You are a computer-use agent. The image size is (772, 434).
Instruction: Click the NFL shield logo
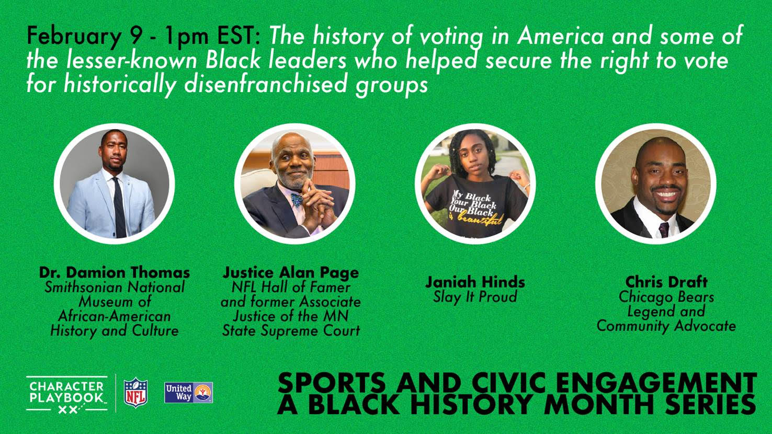point(136,392)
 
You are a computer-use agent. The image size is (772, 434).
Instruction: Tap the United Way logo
point(188,393)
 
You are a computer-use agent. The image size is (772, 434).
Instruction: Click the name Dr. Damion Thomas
point(115,272)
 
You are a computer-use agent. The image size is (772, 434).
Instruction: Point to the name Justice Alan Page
point(290,272)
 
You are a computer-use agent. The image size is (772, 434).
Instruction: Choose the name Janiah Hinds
point(475,282)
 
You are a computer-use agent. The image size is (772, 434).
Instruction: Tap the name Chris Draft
point(666,282)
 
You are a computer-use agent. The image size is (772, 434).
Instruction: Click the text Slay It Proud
point(475,297)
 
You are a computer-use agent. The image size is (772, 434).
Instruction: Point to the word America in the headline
point(560,36)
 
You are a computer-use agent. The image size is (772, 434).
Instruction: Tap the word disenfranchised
point(265,84)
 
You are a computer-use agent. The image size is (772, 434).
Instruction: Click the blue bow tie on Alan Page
point(297,199)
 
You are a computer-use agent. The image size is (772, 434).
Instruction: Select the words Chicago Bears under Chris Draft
point(666,297)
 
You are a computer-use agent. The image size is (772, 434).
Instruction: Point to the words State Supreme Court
point(291,330)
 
